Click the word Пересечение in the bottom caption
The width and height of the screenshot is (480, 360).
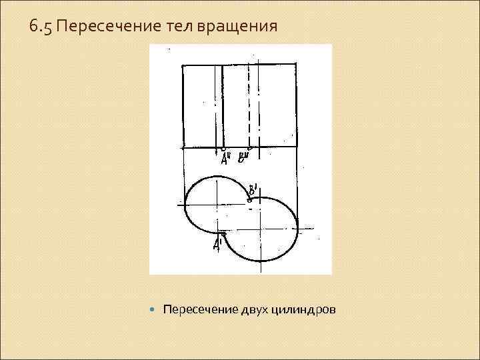point(197,310)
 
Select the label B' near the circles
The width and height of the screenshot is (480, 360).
point(253,189)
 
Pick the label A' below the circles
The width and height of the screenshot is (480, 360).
point(217,245)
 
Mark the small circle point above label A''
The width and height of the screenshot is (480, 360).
point(223,148)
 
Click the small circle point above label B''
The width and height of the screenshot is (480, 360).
point(249,148)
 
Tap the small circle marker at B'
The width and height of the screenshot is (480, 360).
point(250,197)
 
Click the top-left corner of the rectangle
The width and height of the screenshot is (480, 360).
point(183,65)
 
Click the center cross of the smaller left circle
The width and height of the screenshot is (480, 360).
point(217,205)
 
